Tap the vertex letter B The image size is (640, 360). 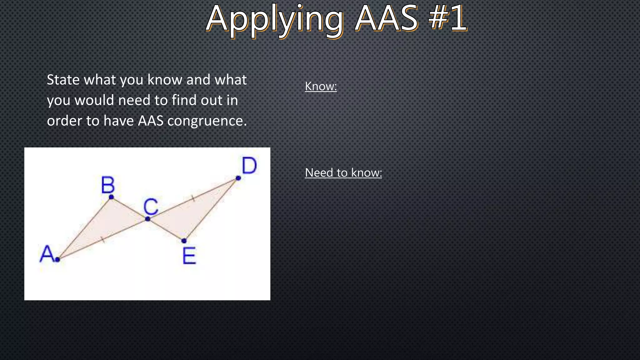(x=108, y=185)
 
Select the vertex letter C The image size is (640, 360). (x=151, y=207)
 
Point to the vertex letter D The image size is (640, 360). (x=249, y=166)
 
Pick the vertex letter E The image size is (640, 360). (x=189, y=256)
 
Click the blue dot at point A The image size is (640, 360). (x=57, y=259)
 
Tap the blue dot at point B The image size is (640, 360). (x=111, y=197)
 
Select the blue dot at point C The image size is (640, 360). (x=148, y=219)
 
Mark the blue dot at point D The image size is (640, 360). (x=238, y=178)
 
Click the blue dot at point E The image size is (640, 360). (x=184, y=241)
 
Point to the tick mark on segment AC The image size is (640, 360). (x=103, y=240)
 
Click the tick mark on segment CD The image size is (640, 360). (x=193, y=198)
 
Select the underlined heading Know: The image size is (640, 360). (x=321, y=86)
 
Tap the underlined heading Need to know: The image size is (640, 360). (x=343, y=172)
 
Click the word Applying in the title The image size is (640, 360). (x=274, y=19)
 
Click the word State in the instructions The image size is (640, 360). (x=63, y=80)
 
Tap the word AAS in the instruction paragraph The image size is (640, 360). (x=151, y=121)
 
